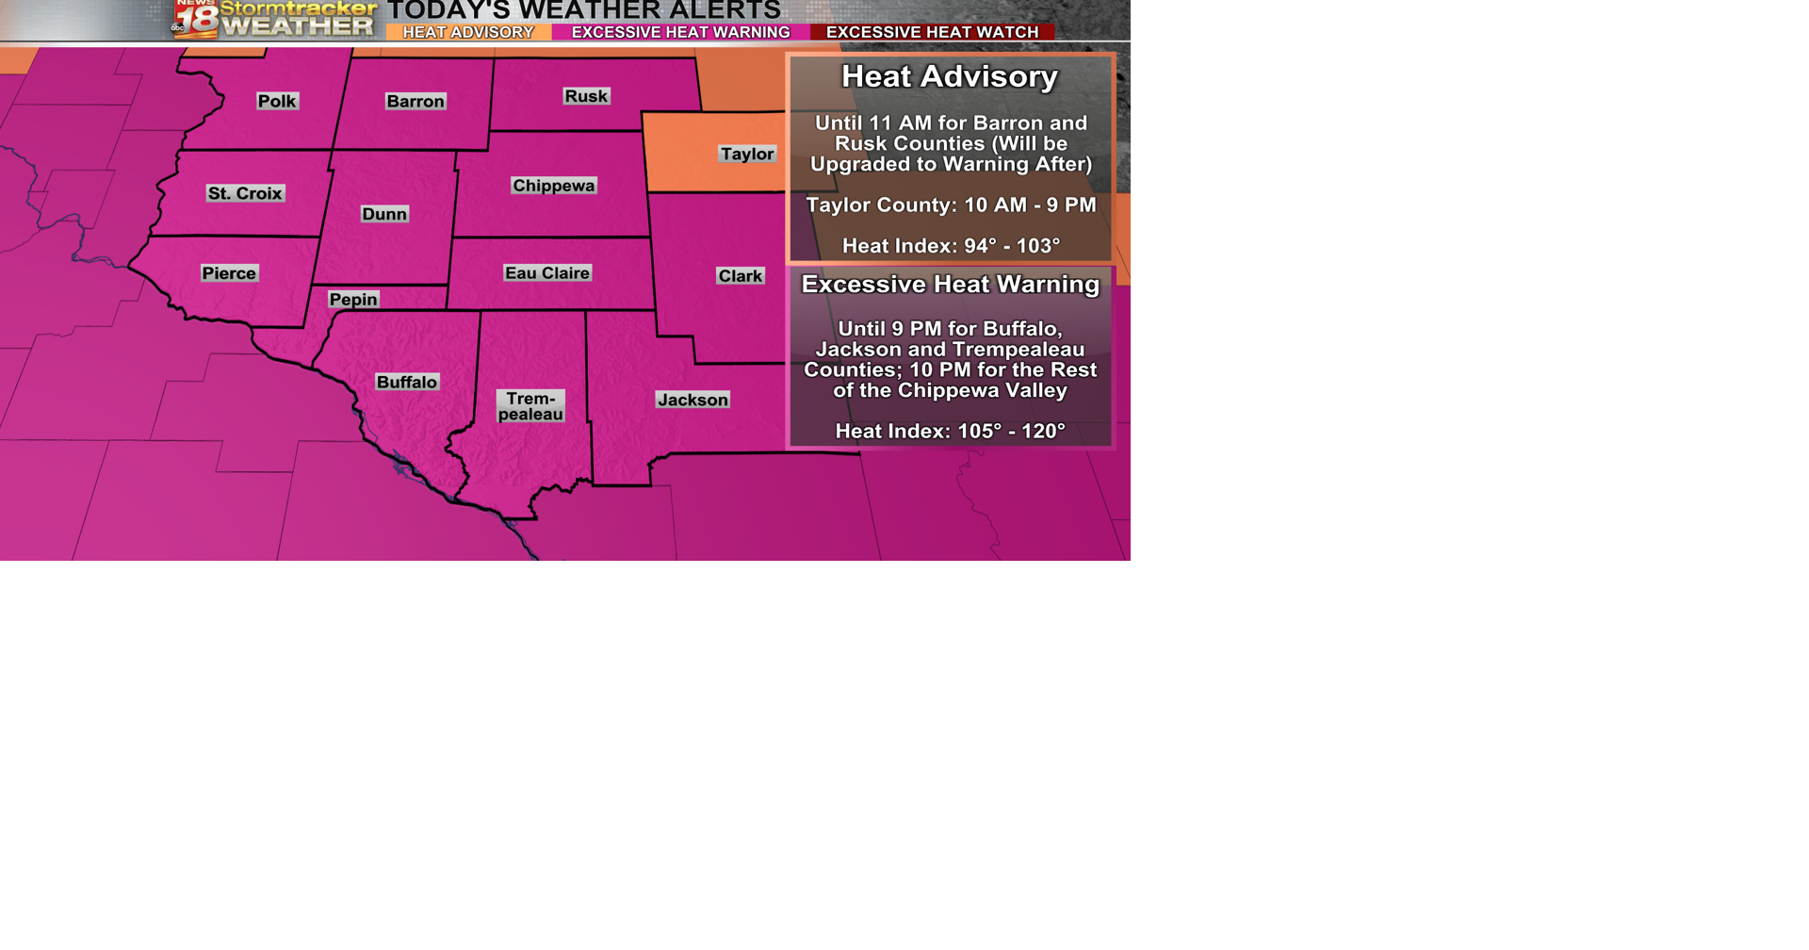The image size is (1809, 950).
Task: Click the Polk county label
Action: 277,102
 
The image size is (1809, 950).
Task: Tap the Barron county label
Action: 416,102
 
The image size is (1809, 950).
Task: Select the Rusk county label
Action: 586,96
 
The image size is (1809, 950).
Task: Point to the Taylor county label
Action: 747,154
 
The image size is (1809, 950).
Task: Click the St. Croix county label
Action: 245,193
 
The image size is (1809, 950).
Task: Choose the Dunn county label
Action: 384,214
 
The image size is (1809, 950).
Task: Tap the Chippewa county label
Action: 554,186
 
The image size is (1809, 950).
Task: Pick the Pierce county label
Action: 229,273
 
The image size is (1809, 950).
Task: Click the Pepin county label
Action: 353,300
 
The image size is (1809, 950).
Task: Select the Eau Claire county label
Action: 547,273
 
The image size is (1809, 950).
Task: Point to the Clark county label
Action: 741,276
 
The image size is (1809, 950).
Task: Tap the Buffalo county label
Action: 407,382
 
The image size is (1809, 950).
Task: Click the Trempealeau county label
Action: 530,406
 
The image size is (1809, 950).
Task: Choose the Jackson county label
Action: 693,400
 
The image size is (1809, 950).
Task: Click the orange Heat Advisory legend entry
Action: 468,32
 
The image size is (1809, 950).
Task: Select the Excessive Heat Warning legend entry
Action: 680,32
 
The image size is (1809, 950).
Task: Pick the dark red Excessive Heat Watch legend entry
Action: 932,32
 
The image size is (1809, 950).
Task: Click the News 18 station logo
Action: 196,19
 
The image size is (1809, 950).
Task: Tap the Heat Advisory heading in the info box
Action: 950,76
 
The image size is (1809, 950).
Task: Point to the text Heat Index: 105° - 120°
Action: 950,431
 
